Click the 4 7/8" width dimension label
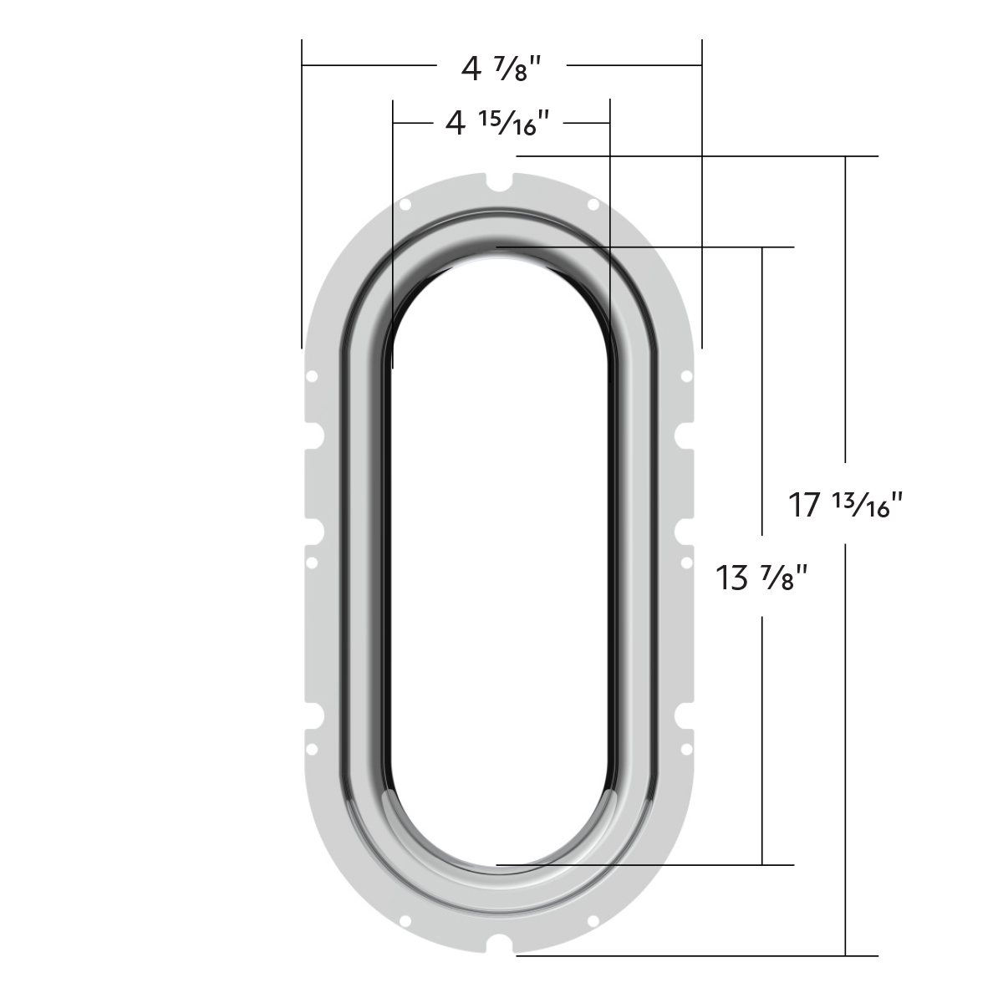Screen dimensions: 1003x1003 pyautogui.click(x=496, y=68)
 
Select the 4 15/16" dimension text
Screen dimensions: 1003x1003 pyautogui.click(x=496, y=125)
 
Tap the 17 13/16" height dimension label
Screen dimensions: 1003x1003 pyautogui.click(x=847, y=505)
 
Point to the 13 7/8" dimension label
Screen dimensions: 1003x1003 pyautogui.click(x=762, y=577)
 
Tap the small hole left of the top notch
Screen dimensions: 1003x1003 pyautogui.click(x=406, y=204)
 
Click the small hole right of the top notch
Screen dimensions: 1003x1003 pyautogui.click(x=592, y=204)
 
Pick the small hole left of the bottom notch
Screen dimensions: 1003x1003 pyautogui.click(x=406, y=921)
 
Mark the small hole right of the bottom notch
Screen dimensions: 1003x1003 pyautogui.click(x=592, y=921)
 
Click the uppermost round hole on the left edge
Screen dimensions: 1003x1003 pyautogui.click(x=311, y=377)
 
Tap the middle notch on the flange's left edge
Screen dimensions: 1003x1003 pyautogui.click(x=314, y=530)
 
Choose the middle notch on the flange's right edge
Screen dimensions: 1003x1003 pyautogui.click(x=684, y=530)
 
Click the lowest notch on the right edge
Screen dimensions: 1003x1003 pyautogui.click(x=684, y=715)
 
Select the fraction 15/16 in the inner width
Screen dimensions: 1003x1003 pyautogui.click(x=512, y=123)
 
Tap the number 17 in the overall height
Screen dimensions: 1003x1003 pyautogui.click(x=806, y=506)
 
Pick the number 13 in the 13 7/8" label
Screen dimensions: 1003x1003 pyautogui.click(x=732, y=578)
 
